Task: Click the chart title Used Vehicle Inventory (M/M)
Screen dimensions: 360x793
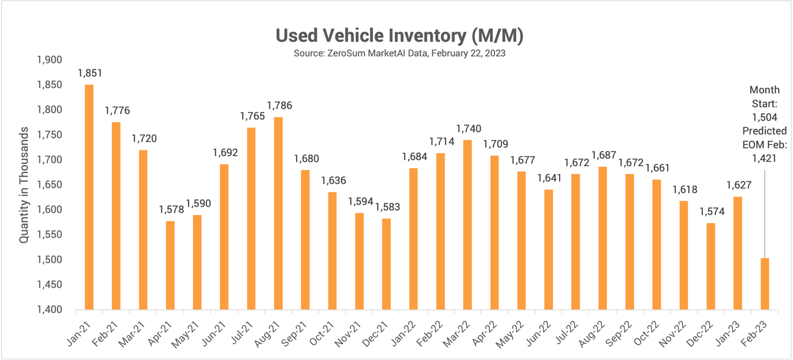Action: click(x=399, y=35)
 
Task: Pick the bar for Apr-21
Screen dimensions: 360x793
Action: click(x=170, y=265)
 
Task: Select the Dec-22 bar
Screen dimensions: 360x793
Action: click(x=711, y=267)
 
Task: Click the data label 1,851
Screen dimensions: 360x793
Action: click(x=90, y=73)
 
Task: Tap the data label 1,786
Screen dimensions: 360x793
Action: click(x=279, y=106)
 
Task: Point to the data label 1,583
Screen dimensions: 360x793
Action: click(x=388, y=207)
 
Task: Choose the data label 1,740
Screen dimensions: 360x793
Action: click(x=468, y=129)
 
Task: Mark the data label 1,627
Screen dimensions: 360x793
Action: click(x=739, y=185)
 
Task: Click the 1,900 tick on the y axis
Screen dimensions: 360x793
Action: click(x=49, y=60)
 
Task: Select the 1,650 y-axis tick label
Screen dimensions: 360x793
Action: click(x=49, y=185)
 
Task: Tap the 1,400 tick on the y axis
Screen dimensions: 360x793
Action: click(x=49, y=310)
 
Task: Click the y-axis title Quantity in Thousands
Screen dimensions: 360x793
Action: click(x=24, y=185)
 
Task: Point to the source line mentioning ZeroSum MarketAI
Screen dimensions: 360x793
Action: click(x=399, y=54)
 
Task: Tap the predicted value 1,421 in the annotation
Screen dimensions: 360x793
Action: click(x=764, y=157)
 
